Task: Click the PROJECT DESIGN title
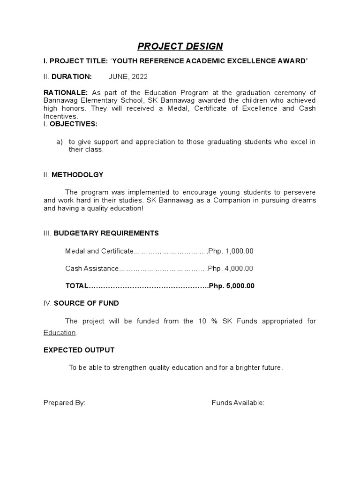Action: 180,46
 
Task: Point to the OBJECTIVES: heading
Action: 74,124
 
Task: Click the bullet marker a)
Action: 60,142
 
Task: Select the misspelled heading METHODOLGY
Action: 77,175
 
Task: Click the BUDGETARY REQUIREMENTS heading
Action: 106,233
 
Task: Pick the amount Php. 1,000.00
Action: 231,251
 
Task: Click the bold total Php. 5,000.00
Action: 232,286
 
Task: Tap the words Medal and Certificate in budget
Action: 99,251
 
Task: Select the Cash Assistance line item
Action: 92,268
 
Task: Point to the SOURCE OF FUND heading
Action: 86,303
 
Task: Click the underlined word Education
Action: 60,333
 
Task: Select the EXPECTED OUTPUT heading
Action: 79,350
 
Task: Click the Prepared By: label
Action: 64,403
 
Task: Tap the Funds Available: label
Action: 238,403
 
